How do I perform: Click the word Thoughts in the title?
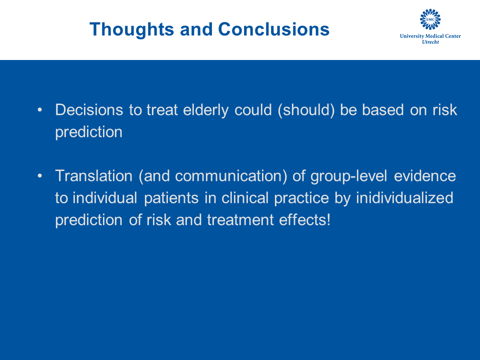pos(132,29)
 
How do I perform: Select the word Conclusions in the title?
pos(273,29)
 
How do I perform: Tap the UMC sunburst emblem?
pos(430,19)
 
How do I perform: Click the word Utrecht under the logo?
pos(430,42)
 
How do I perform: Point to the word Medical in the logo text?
pos(434,36)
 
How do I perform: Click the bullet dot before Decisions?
pos(39,110)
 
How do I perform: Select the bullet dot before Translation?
pos(39,176)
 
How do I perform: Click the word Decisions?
pos(89,110)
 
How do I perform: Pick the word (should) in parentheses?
pos(306,110)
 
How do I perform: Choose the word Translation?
pos(93,176)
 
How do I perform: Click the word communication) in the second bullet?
pos(231,176)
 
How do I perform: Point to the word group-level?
pos(349,176)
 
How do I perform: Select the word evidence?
pos(425,176)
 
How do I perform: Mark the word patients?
pos(171,198)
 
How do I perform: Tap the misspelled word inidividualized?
pos(404,198)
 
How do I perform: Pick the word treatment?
pos(240,220)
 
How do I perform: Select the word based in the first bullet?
pos(383,110)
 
